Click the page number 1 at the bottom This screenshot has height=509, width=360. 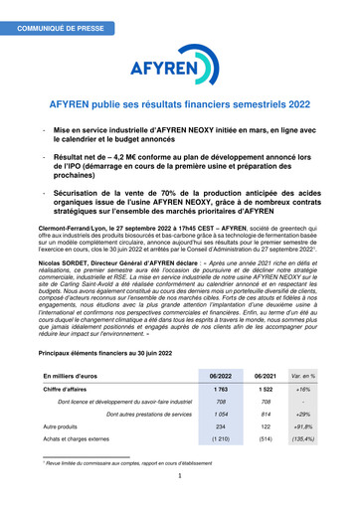click(x=179, y=475)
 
